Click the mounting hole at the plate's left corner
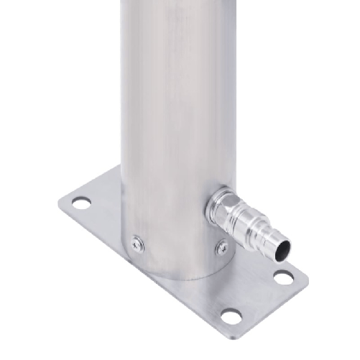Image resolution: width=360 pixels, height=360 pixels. click(81, 203)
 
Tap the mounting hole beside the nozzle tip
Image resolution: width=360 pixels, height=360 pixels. click(284, 276)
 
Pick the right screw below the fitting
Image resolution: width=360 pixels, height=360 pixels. click(222, 248)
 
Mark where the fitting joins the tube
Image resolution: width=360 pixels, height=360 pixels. click(211, 208)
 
